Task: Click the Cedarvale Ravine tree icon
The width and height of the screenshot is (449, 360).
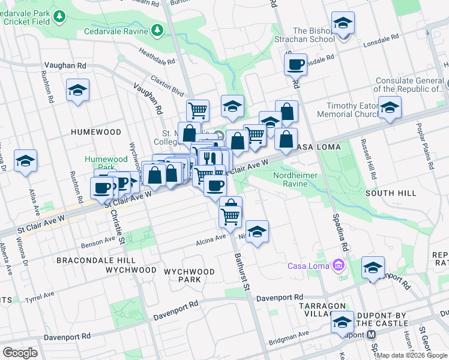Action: pos(157,29)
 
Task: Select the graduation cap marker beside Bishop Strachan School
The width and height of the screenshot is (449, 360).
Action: pos(343,23)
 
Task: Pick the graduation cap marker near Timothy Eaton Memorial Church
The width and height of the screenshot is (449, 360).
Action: pos(390,108)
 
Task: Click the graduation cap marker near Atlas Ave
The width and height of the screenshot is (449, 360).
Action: pos(26,161)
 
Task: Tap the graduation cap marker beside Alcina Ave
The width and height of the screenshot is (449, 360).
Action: pos(257,232)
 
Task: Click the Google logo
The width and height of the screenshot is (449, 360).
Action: pos(20,352)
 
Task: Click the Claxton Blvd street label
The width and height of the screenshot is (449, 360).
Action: pos(167,86)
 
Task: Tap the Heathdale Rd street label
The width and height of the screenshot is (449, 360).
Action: pos(157,56)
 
